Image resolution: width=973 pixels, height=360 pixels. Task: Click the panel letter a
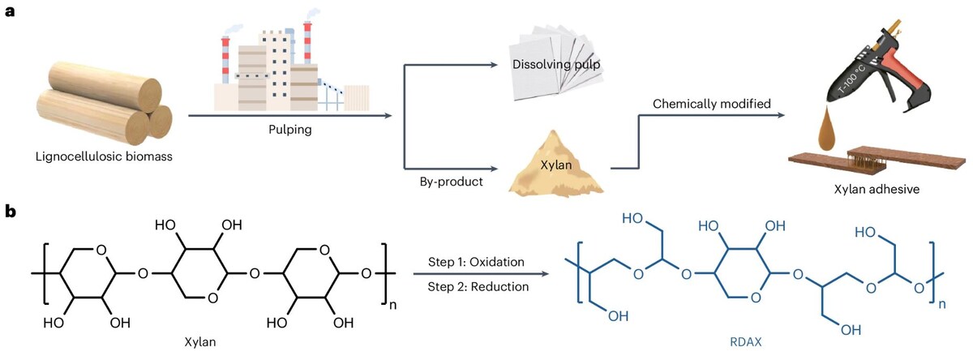coord(11,15)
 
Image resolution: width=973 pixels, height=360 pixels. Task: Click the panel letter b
coord(11,212)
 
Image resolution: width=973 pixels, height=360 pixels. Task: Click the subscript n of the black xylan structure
coord(392,306)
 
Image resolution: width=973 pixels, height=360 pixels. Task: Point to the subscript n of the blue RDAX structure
coord(942,306)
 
